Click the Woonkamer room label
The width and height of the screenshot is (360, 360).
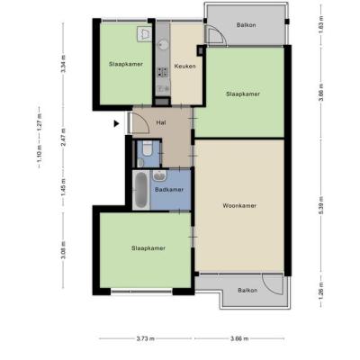(x=239, y=206)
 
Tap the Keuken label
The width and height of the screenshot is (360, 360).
(x=185, y=66)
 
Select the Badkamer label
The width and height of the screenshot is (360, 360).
(x=169, y=190)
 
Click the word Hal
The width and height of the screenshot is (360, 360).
(x=161, y=122)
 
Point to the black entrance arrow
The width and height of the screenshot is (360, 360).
(x=116, y=123)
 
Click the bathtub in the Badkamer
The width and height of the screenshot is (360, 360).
(x=140, y=190)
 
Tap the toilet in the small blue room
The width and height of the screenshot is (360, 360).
(x=147, y=148)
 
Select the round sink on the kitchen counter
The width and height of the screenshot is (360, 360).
(x=164, y=45)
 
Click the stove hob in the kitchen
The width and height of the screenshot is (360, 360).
(x=163, y=72)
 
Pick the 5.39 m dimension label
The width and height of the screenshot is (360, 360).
(x=321, y=205)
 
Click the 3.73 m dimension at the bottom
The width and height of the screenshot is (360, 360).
(x=146, y=338)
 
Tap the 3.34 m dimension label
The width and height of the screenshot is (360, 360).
(x=63, y=64)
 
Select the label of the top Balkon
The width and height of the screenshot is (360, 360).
(x=247, y=25)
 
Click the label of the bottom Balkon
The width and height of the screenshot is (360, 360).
(x=247, y=291)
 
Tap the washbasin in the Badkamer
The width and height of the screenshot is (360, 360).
(x=159, y=175)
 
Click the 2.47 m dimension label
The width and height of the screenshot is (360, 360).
(x=63, y=137)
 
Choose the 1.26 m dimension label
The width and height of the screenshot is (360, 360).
(x=321, y=291)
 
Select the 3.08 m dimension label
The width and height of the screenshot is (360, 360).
(x=63, y=250)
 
